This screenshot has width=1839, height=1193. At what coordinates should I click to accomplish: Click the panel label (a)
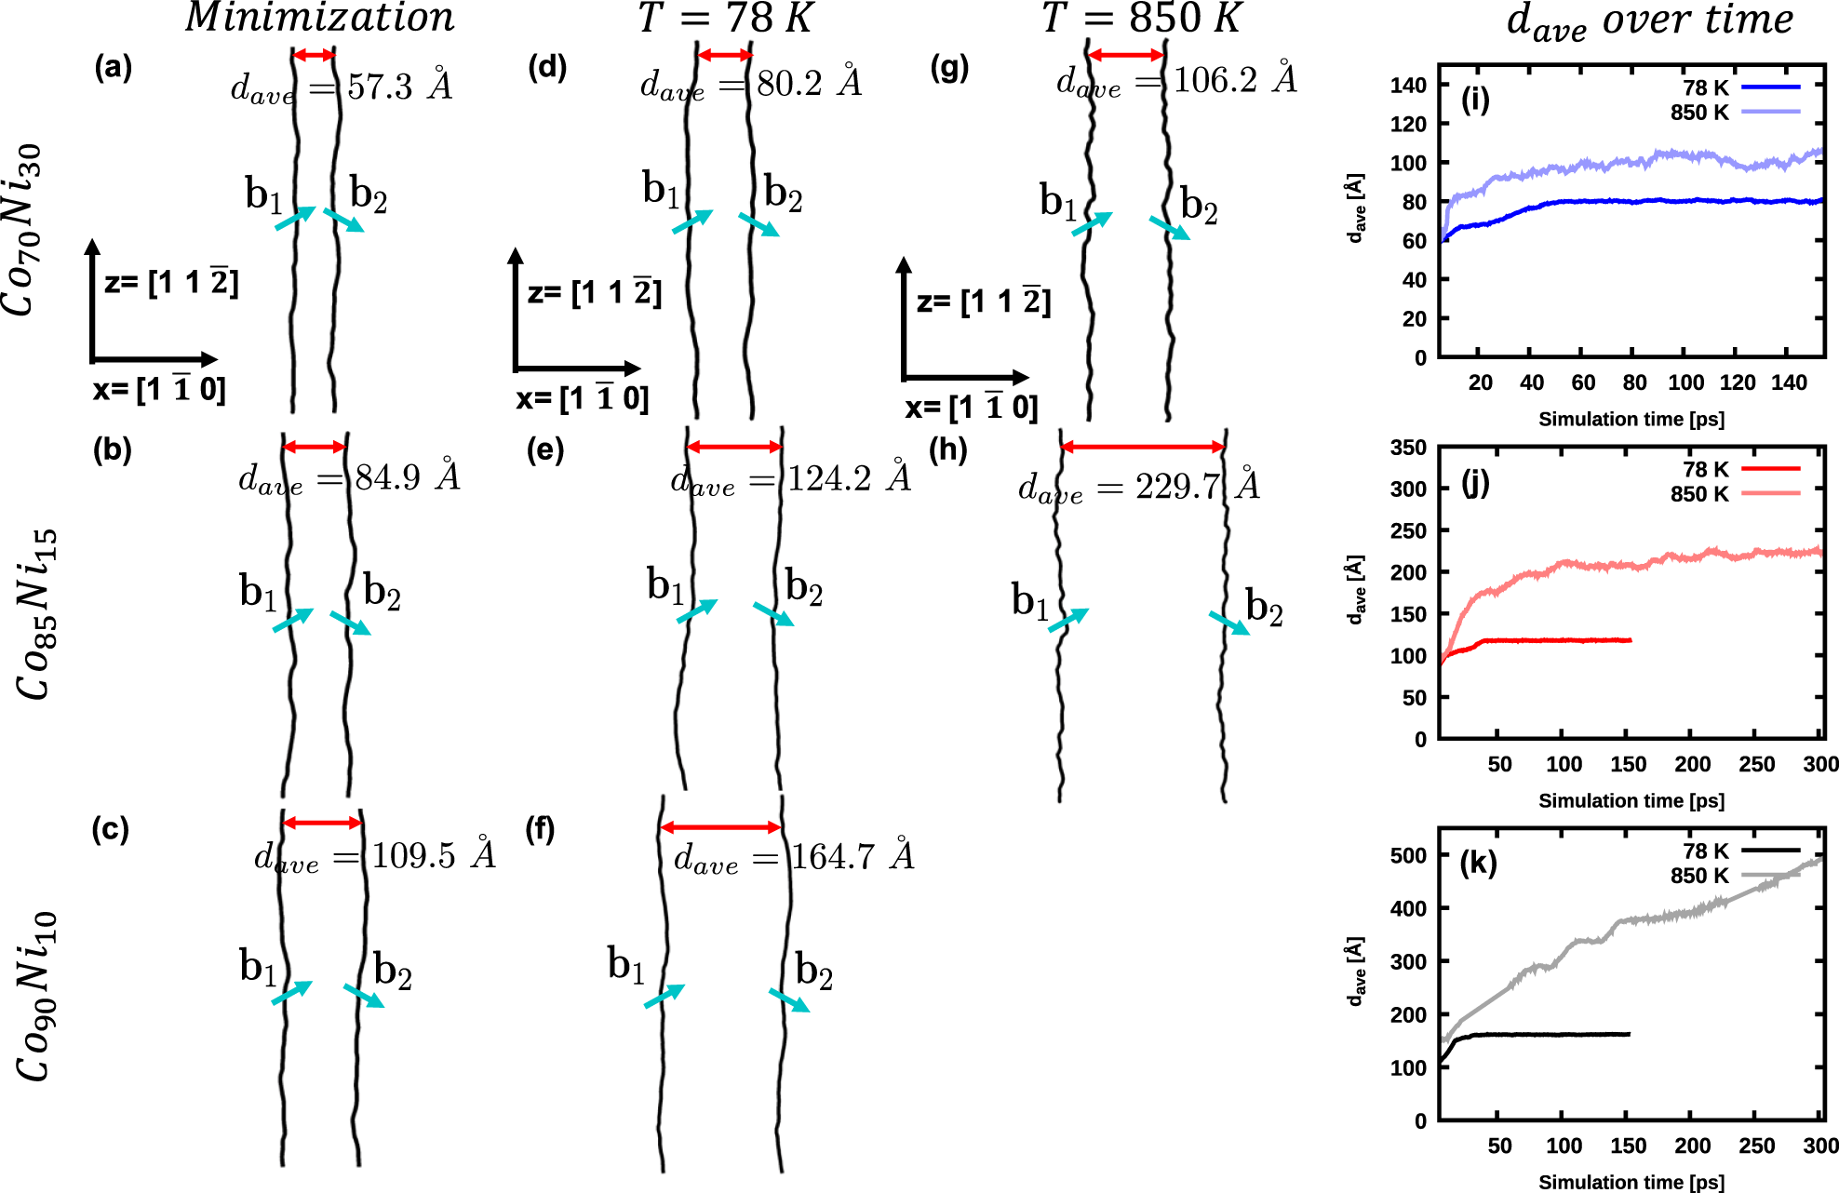pyautogui.click(x=114, y=68)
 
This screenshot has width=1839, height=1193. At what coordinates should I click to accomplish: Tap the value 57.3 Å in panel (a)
pyautogui.click(x=399, y=87)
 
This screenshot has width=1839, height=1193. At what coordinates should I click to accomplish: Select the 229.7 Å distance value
pyautogui.click(x=1197, y=486)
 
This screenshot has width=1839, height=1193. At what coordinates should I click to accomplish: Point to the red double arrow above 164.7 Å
pyautogui.click(x=720, y=827)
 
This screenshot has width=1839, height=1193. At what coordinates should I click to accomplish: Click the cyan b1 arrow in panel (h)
pyautogui.click(x=1068, y=621)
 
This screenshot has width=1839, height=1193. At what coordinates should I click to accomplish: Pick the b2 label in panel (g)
pyautogui.click(x=1199, y=207)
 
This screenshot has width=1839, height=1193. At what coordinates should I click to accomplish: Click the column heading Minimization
pyautogui.click(x=320, y=18)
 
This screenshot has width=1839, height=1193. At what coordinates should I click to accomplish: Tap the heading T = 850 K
pyautogui.click(x=1142, y=18)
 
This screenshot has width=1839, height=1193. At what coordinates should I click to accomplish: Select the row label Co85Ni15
pyautogui.click(x=37, y=614)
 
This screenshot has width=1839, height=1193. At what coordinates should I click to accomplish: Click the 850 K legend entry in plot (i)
pyautogui.click(x=1699, y=113)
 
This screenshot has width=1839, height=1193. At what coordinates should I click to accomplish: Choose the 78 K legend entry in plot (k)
pyautogui.click(x=1705, y=851)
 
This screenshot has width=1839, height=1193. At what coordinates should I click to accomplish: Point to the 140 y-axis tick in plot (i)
pyautogui.click(x=1407, y=86)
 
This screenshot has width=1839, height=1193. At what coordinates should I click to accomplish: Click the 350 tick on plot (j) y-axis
pyautogui.click(x=1407, y=448)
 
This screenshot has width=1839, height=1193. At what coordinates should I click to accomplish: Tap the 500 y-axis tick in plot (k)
pyautogui.click(x=1407, y=855)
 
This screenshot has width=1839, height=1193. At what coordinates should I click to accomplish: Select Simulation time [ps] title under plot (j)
pyautogui.click(x=1631, y=800)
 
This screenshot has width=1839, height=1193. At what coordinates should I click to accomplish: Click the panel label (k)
pyautogui.click(x=1478, y=864)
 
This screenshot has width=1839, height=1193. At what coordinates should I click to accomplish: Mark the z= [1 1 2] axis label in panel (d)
pyautogui.click(x=594, y=293)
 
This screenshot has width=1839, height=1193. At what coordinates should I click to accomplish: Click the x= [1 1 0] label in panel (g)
pyautogui.click(x=971, y=408)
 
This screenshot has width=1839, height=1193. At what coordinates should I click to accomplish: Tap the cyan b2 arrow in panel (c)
pyautogui.click(x=364, y=996)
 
